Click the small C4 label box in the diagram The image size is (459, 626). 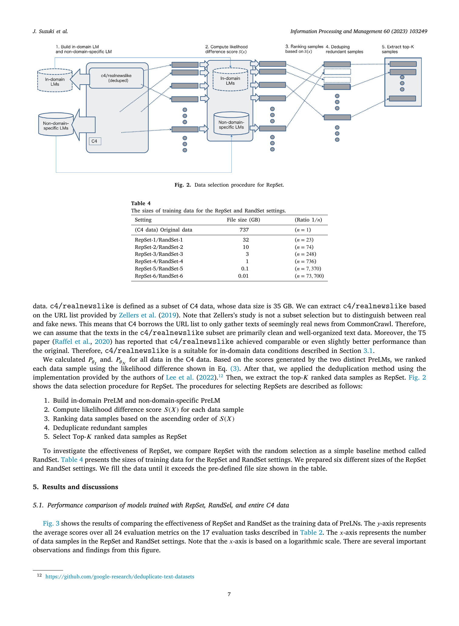(x=95, y=141)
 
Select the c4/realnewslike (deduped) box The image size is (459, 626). (x=116, y=78)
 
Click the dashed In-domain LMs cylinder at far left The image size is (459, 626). (x=55, y=80)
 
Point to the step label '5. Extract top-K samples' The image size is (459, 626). (x=398, y=49)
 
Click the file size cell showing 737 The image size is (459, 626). (x=244, y=230)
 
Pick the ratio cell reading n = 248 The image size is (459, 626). (x=305, y=254)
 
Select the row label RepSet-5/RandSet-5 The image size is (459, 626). (x=159, y=269)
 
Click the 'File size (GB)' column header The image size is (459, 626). (x=243, y=220)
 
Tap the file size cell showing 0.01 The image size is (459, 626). (x=243, y=276)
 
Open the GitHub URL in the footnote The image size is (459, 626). (x=120, y=577)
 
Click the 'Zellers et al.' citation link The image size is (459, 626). (x=137, y=315)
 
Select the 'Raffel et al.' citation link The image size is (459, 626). (x=72, y=342)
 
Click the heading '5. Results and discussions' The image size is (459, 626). (x=75, y=487)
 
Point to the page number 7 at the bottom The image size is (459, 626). (x=229, y=594)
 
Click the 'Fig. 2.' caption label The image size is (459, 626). (x=183, y=185)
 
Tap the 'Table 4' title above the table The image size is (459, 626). (x=141, y=203)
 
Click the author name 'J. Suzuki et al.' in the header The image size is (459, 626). (x=50, y=31)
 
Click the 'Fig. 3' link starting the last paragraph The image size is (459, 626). (x=51, y=523)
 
